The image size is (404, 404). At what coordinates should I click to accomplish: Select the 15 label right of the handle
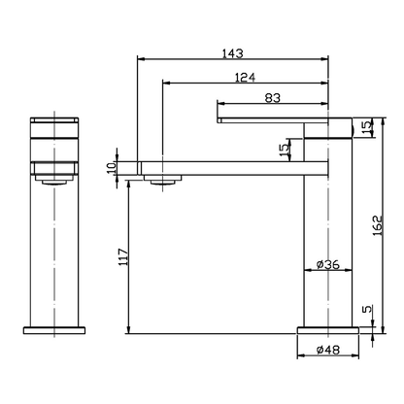click(x=367, y=127)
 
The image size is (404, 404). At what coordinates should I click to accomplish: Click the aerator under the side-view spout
click(x=161, y=178)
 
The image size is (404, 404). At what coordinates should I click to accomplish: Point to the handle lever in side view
click(x=282, y=118)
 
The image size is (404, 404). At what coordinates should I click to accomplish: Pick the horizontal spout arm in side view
click(x=223, y=165)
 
